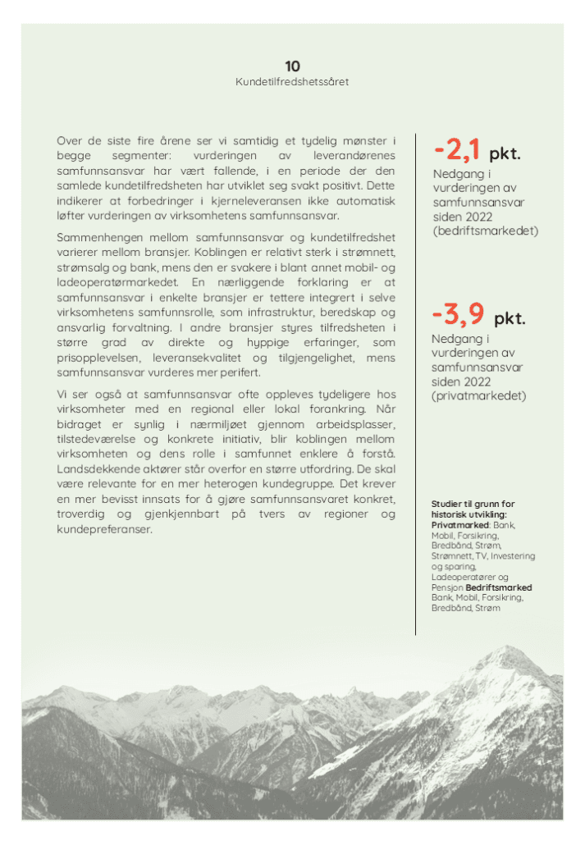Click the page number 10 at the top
(292, 66)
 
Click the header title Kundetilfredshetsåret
(292, 82)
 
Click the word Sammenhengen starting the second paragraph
(94, 237)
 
